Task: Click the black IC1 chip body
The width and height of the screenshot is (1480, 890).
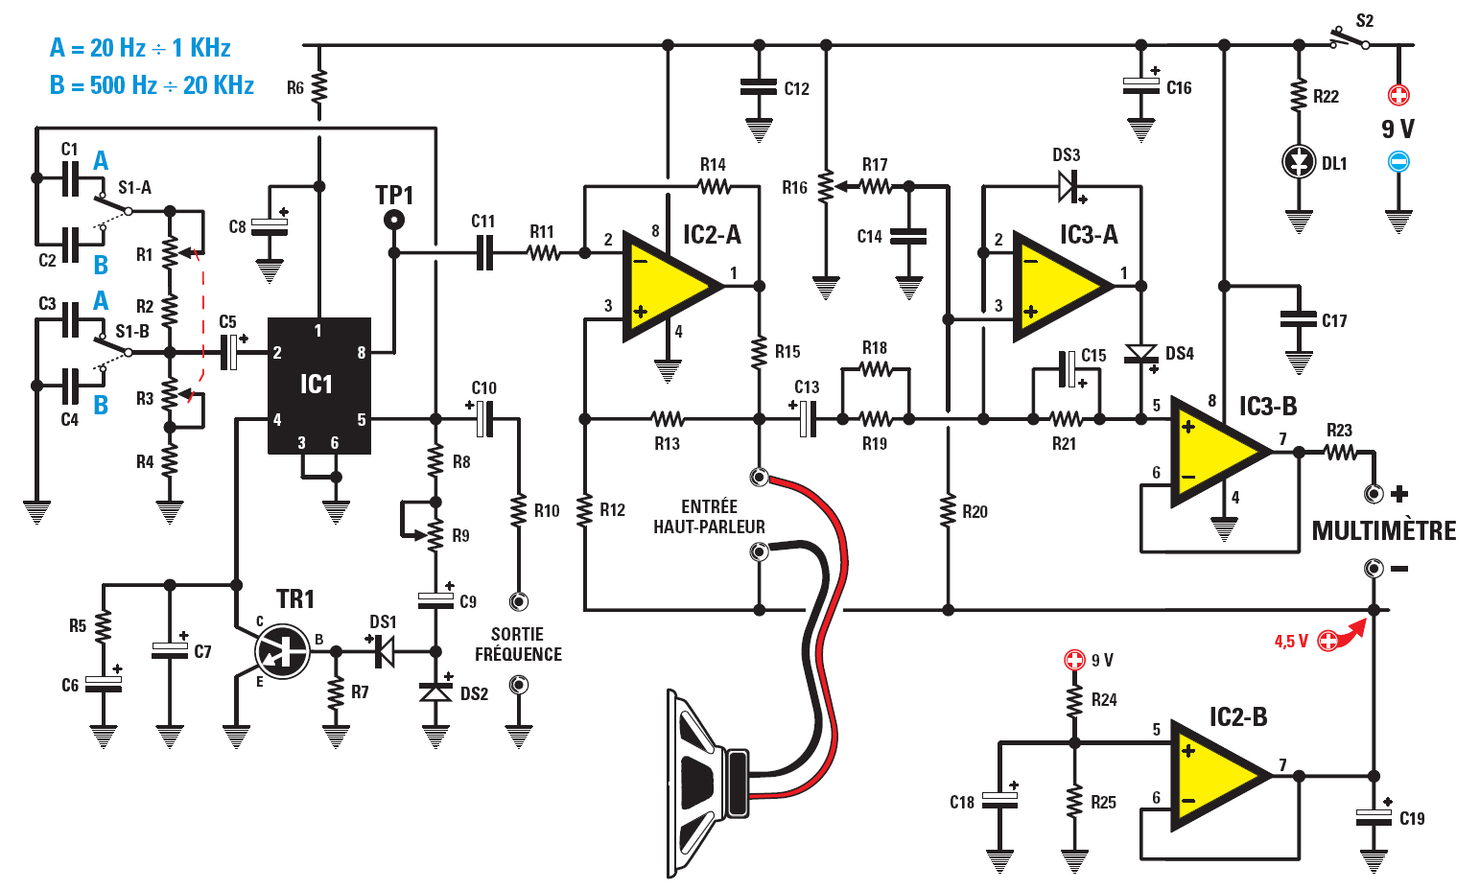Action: pos(318,386)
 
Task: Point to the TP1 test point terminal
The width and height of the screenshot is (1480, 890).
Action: pos(393,221)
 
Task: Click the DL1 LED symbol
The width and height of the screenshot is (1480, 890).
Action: pos(1299,162)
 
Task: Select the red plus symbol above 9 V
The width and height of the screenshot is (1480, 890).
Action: pos(1398,95)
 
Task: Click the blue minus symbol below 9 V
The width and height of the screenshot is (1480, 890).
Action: pos(1398,162)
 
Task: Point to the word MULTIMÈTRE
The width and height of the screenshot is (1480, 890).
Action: pos(1383,531)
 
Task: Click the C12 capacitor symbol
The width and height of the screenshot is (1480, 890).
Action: pos(759,87)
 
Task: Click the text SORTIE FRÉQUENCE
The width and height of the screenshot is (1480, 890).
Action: pos(518,644)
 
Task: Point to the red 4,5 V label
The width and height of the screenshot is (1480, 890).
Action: pos(1291,642)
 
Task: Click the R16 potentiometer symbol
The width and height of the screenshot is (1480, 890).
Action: pos(826,187)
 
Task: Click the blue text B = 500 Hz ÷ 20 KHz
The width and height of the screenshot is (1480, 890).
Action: pos(152,85)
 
